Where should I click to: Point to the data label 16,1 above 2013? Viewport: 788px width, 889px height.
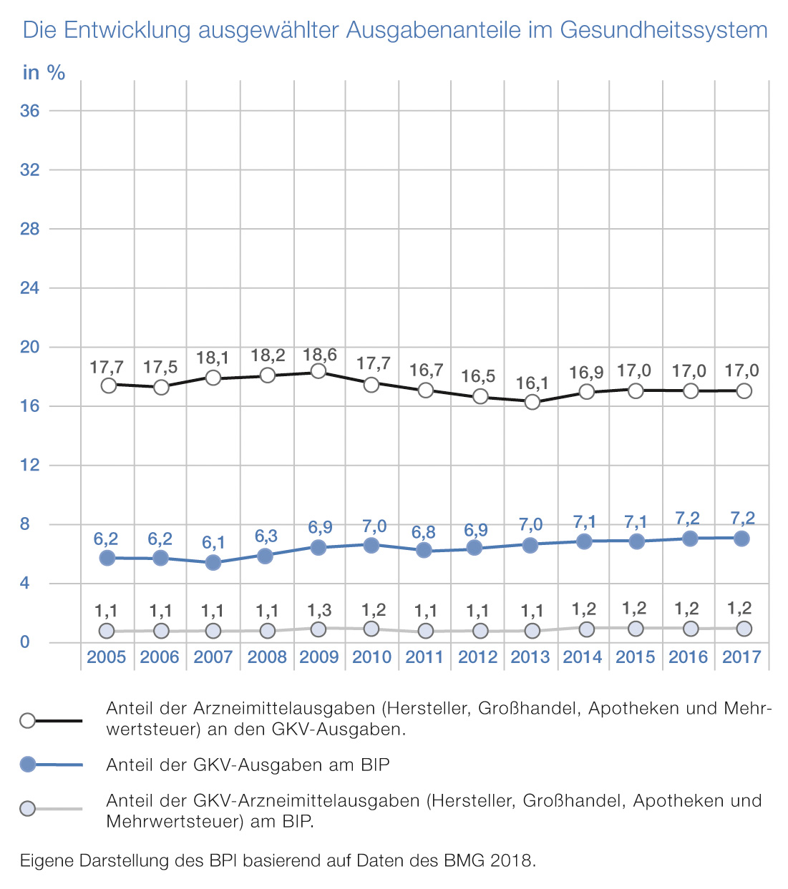pos(531,383)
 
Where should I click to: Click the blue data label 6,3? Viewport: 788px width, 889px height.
pos(266,536)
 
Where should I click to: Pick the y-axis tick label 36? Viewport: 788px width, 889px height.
pos(30,111)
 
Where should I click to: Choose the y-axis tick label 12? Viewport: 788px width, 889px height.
pos(30,465)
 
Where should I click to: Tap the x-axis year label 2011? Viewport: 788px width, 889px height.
pos(424,657)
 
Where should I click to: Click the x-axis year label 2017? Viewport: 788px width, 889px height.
pos(741,657)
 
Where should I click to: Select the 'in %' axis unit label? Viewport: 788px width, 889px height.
pos(44,72)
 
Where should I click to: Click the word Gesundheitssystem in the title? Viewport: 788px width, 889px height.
pos(663,30)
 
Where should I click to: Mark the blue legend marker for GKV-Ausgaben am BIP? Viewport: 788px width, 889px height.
pos(28,765)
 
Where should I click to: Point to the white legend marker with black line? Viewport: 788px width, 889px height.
pos(28,720)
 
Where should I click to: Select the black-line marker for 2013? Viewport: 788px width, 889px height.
pos(532,403)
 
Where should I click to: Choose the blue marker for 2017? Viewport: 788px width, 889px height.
pos(742,539)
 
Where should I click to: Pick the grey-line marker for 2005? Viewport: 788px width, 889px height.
pos(107,631)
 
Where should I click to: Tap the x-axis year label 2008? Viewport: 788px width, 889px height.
pos(267,657)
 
